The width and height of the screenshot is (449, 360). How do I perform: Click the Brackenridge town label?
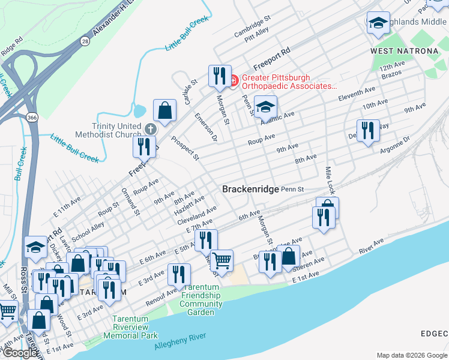click(250, 189)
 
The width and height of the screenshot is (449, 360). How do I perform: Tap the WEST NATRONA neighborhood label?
click(404, 51)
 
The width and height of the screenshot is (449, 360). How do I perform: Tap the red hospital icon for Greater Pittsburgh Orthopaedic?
click(234, 79)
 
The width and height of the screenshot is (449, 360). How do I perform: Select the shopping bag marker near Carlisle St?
click(164, 110)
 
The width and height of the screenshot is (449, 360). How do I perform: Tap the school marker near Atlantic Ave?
click(265, 107)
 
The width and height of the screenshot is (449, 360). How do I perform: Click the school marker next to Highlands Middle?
click(378, 23)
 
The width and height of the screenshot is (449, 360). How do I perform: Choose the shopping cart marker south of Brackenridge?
click(221, 260)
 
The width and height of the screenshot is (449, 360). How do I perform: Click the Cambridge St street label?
click(249, 26)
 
